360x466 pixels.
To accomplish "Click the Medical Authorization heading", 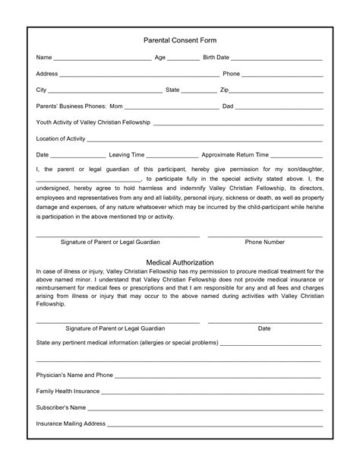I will tap(180, 262).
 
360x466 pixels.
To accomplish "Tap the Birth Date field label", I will tap(216, 57).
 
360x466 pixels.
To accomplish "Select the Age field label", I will tap(160, 57).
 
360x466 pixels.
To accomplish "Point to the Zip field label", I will tap(224, 90).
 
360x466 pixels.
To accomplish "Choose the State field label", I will tap(172, 90).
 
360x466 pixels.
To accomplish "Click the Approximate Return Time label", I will tap(235, 154).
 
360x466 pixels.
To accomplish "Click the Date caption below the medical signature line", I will tap(264, 328).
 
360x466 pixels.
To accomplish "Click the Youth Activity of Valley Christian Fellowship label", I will tap(93, 122).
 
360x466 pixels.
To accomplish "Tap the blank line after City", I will tap(106, 90).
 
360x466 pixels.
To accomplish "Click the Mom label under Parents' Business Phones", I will tap(115, 106).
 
